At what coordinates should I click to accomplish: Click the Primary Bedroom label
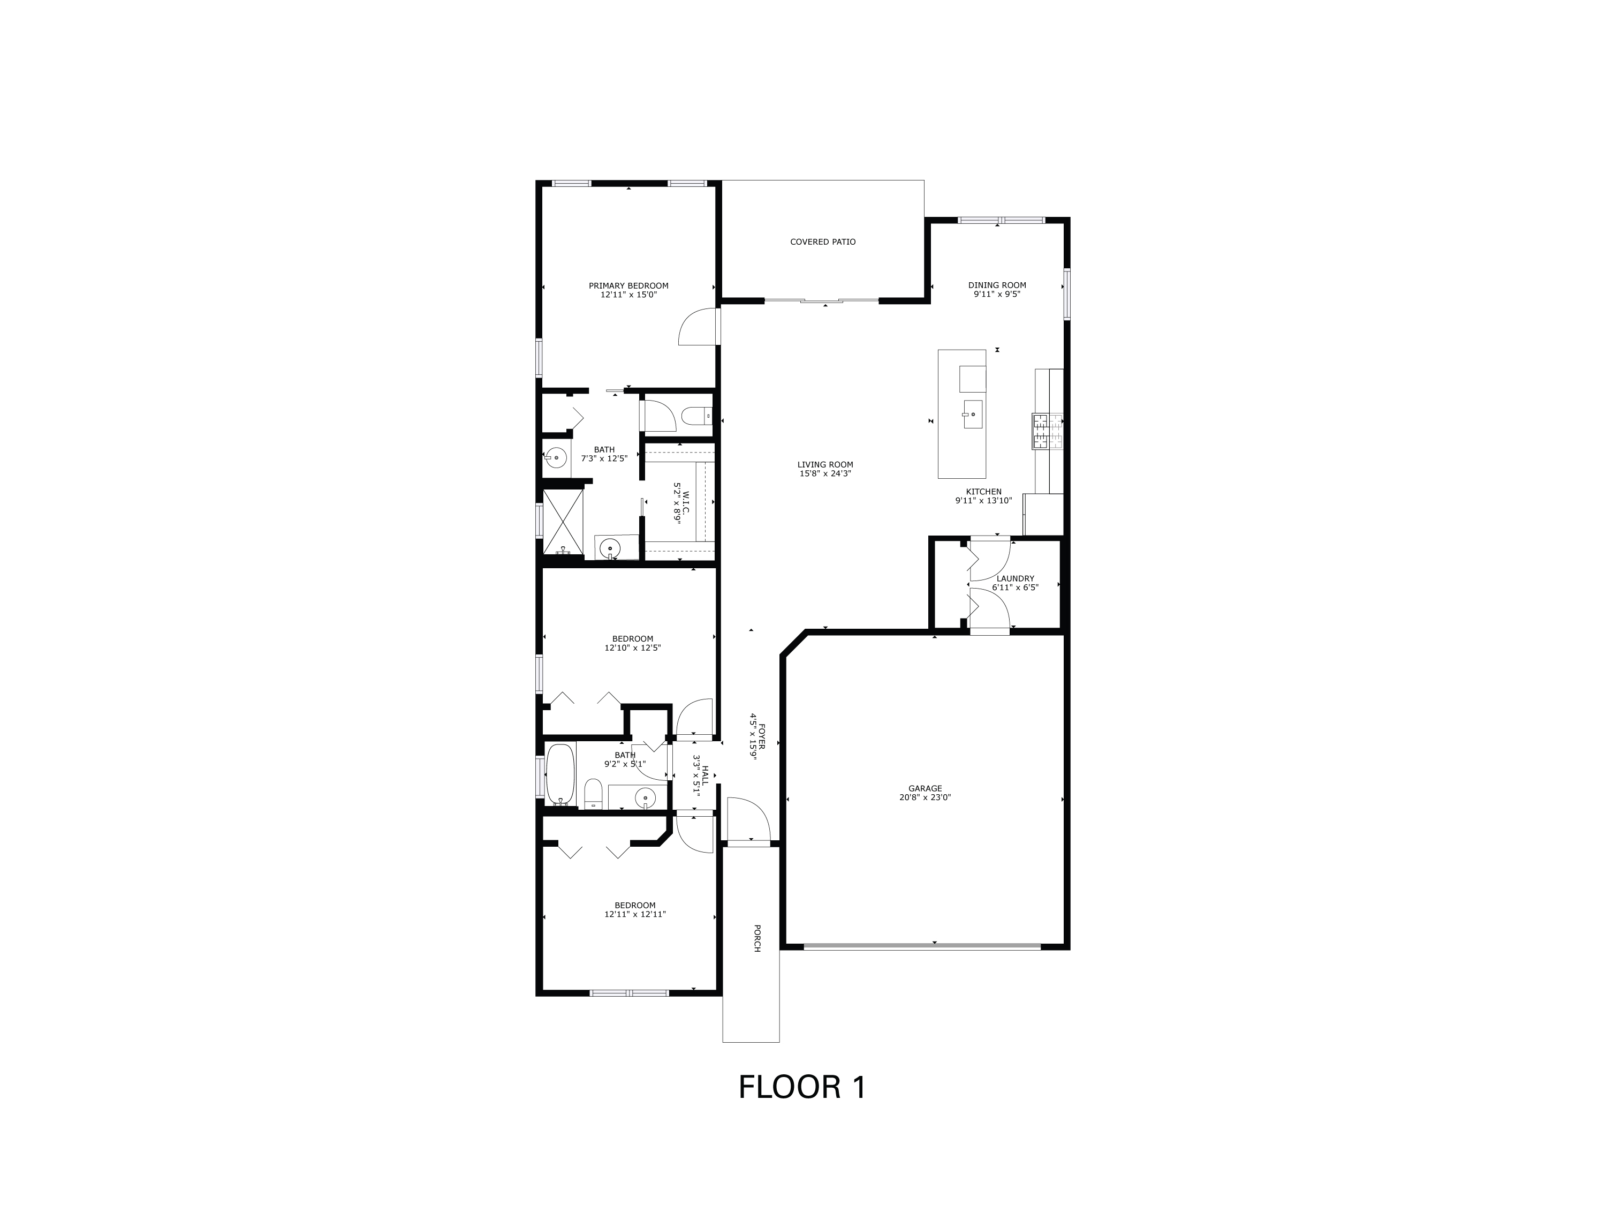[628, 285]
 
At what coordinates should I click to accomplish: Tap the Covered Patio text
[823, 242]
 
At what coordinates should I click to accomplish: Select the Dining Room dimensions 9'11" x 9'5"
[997, 294]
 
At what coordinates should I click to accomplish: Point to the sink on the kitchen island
[972, 414]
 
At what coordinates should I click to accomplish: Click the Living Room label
[825, 465]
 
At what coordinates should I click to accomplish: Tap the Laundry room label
[1015, 579]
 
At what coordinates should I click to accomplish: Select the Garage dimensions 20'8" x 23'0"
[925, 797]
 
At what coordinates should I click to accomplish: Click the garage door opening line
[922, 946]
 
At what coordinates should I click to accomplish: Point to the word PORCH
[756, 938]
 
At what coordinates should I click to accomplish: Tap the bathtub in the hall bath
[560, 774]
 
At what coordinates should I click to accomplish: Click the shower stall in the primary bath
[563, 523]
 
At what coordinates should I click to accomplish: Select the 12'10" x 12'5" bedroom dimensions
[632, 648]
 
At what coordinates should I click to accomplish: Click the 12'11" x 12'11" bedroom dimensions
[634, 915]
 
